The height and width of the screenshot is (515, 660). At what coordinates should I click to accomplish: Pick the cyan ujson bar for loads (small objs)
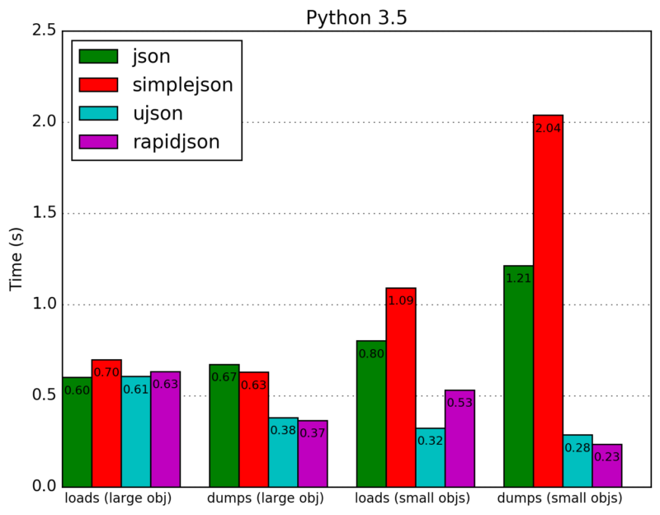pyautogui.click(x=431, y=457)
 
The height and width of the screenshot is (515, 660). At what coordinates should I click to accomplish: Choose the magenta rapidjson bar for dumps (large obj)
pyautogui.click(x=313, y=453)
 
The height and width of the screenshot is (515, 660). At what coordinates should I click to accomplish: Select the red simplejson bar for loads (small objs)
pyautogui.click(x=401, y=387)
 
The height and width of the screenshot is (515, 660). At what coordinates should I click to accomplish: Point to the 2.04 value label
pyautogui.click(x=549, y=128)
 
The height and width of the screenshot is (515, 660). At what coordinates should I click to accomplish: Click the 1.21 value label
pyautogui.click(x=519, y=279)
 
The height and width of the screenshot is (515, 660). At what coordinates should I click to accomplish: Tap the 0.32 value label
pyautogui.click(x=431, y=441)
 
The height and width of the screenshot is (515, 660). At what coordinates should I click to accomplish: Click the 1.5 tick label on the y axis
pyautogui.click(x=44, y=214)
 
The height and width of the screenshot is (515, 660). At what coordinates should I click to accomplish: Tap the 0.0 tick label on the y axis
pyautogui.click(x=44, y=487)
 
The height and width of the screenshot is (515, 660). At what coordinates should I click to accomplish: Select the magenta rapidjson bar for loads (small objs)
pyautogui.click(x=460, y=438)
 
